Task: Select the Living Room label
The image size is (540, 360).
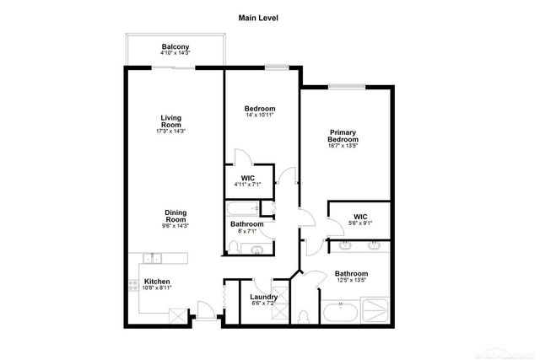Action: click(x=171, y=121)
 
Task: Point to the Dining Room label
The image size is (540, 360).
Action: click(x=175, y=216)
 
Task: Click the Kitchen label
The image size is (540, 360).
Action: click(x=157, y=282)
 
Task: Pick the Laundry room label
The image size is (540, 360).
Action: click(x=264, y=297)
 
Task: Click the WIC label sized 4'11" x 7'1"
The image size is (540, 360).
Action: click(x=247, y=178)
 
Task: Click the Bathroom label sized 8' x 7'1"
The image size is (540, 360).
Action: click(x=247, y=224)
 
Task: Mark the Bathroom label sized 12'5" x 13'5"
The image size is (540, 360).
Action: click(x=351, y=274)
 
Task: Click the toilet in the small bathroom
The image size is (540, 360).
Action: click(x=234, y=247)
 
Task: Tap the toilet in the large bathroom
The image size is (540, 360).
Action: click(x=303, y=316)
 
